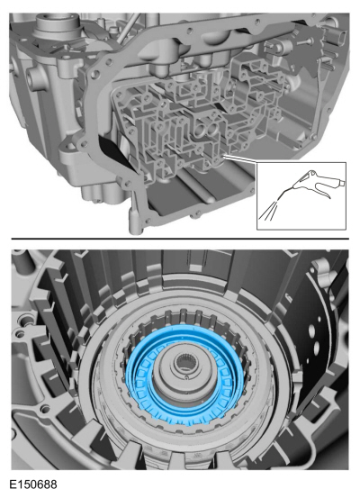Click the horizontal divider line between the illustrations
pyautogui.click(x=180, y=239)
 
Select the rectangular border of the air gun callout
pyautogui.click(x=301, y=165)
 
